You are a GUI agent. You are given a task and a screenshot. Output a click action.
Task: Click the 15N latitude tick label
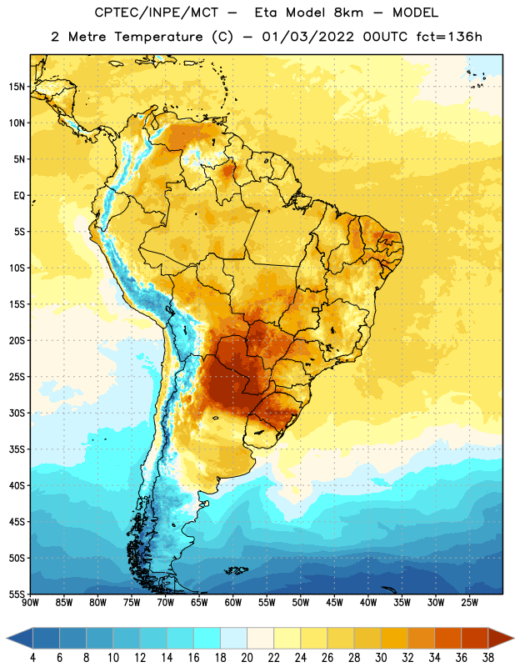click(17, 87)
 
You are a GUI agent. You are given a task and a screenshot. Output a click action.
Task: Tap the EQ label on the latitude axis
click(19, 196)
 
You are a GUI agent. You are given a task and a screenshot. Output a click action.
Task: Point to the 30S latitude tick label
click(17, 414)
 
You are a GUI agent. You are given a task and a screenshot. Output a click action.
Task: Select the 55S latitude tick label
click(17, 594)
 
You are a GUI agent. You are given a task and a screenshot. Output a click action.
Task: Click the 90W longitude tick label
click(30, 603)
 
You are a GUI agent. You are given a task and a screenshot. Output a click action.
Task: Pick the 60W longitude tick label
click(233, 603)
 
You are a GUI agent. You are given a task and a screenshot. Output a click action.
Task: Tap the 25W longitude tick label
click(469, 603)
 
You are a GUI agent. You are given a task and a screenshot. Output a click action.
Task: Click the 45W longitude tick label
click(334, 603)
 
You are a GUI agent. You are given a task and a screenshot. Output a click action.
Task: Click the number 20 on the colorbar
click(247, 658)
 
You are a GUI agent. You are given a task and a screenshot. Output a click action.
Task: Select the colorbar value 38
click(488, 658)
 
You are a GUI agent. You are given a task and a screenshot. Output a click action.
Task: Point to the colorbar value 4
click(32, 658)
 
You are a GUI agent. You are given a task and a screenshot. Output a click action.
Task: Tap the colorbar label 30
click(381, 658)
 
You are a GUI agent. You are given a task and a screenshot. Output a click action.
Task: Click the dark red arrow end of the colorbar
click(500, 638)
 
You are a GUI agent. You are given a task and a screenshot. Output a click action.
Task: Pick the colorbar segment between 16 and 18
click(207, 638)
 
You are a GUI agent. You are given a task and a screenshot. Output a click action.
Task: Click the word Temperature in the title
click(158, 37)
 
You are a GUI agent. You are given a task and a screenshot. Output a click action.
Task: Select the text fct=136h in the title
click(449, 37)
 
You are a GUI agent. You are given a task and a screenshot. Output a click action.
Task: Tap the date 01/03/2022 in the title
click(307, 37)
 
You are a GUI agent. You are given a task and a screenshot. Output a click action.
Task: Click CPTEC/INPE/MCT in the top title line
click(156, 13)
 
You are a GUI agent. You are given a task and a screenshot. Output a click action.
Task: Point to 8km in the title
click(348, 13)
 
